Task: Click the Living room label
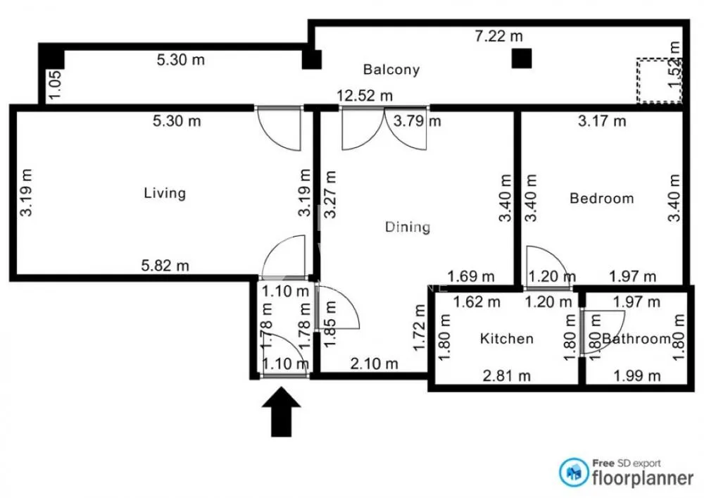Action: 165,193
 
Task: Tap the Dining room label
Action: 408,227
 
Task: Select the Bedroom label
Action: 601,199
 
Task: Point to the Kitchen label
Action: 506,339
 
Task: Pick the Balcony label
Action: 391,70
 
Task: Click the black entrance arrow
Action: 281,411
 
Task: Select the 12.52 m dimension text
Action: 364,96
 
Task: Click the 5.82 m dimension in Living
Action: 165,266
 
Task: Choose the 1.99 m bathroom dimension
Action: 637,375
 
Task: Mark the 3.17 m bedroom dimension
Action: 602,121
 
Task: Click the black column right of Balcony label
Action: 520,58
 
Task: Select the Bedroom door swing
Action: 540,267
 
